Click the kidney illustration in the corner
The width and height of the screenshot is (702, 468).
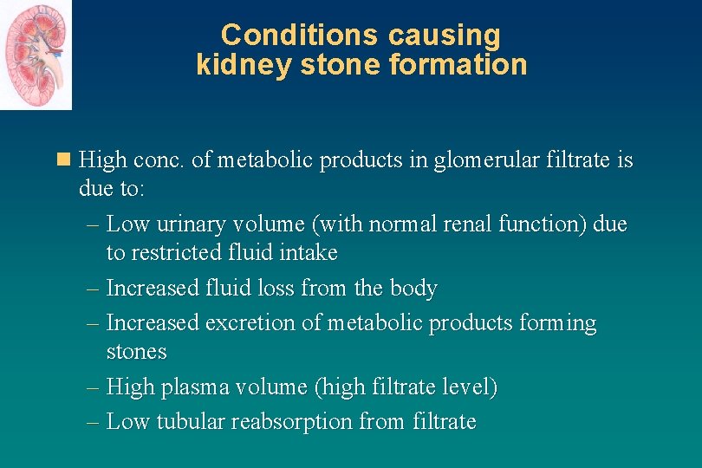(x=36, y=55)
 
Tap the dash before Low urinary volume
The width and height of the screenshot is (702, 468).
(x=94, y=224)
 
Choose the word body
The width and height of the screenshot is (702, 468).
(x=413, y=288)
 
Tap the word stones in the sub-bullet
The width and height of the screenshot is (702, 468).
(x=136, y=352)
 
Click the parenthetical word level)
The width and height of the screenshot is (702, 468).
(x=469, y=387)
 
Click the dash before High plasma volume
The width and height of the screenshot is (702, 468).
(x=94, y=387)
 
